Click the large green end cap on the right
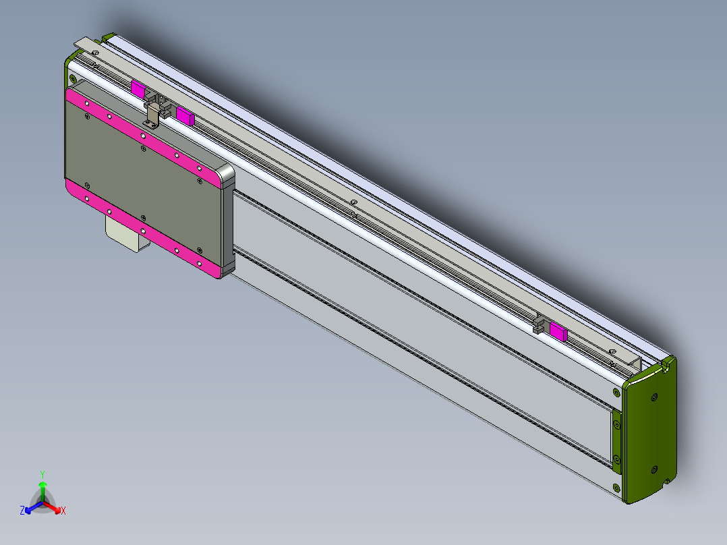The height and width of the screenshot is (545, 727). [649, 432]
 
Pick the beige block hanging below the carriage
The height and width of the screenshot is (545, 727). [125, 233]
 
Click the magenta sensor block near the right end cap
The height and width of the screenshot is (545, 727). [558, 331]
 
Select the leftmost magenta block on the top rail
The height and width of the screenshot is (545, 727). [138, 88]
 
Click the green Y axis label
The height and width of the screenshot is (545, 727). [42, 474]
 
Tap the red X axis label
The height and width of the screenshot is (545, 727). [63, 511]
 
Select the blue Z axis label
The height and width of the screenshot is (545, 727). [22, 511]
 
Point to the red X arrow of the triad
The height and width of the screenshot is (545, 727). [54, 507]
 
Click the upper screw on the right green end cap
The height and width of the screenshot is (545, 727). [653, 398]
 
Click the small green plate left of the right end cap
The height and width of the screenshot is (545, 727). [616, 442]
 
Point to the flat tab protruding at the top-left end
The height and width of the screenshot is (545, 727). [86, 44]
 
